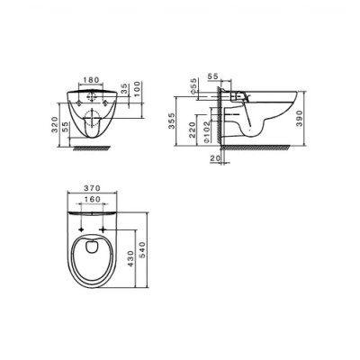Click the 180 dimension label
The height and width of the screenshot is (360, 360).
pyautogui.click(x=91, y=80)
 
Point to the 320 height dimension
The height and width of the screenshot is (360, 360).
pyautogui.click(x=55, y=125)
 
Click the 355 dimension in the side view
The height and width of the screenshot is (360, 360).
pyautogui.click(x=171, y=121)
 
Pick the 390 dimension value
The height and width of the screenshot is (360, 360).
pyautogui.click(x=300, y=118)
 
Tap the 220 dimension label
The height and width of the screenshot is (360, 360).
pyautogui.click(x=192, y=130)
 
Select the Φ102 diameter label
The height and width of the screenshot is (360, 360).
pyautogui.click(x=207, y=131)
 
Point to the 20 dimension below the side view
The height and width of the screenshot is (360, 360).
pyautogui.click(x=215, y=158)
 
